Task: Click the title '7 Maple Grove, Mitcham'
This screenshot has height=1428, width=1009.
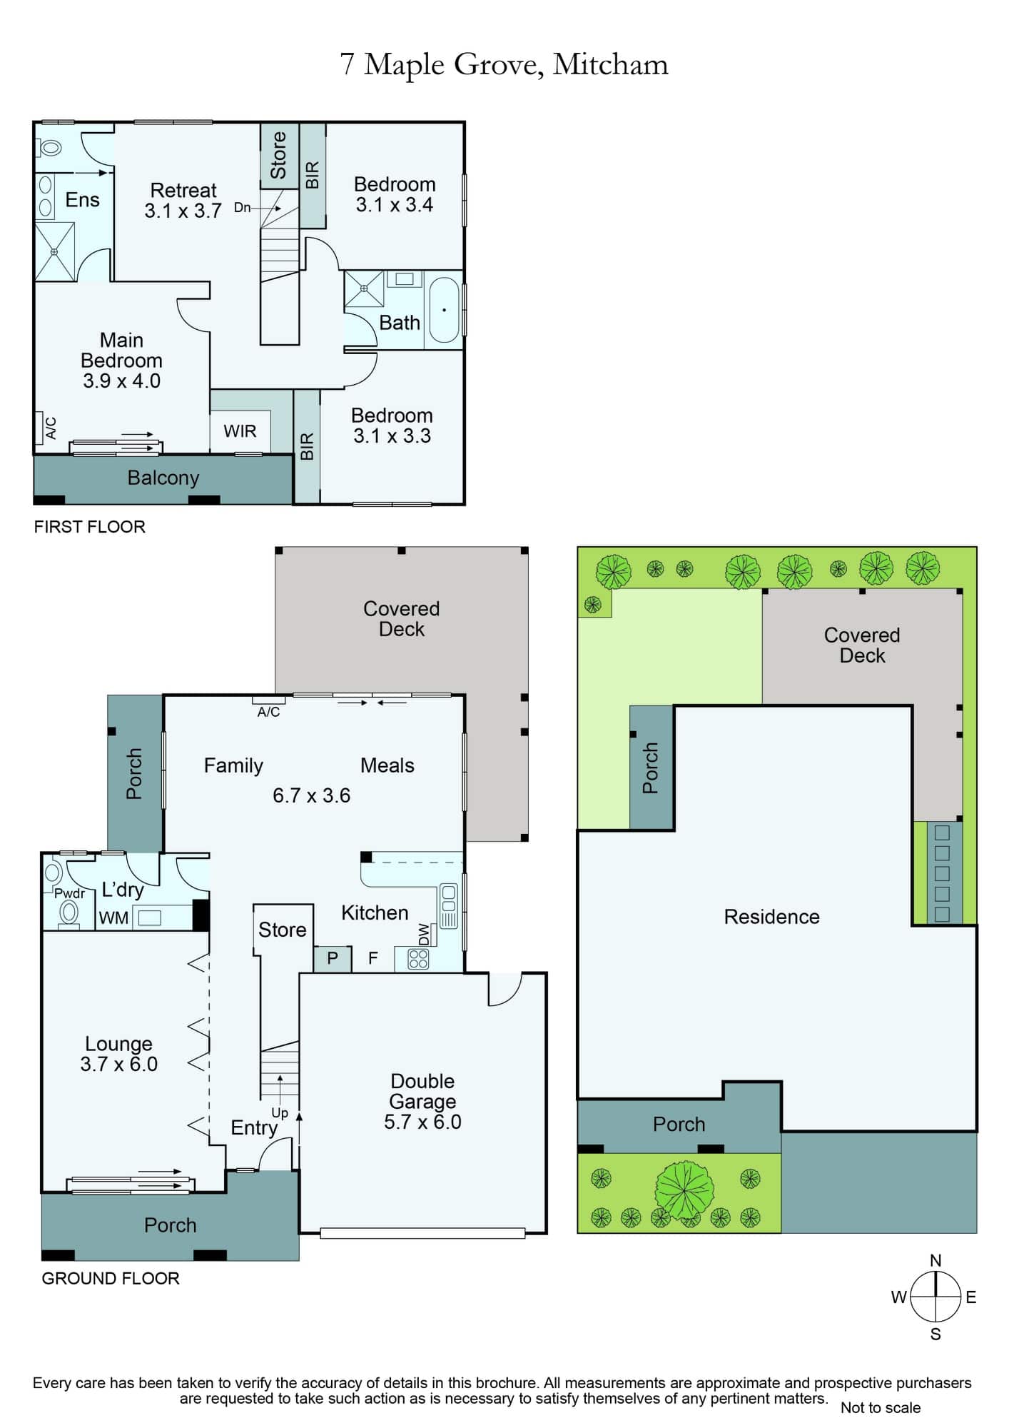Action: (505, 65)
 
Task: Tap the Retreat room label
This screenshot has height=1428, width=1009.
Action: (183, 191)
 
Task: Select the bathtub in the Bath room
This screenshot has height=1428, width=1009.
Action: (444, 310)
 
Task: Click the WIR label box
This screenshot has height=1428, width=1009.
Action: (240, 431)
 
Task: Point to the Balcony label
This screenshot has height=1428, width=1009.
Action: (163, 478)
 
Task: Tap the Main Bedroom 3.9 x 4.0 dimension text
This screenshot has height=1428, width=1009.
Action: (122, 381)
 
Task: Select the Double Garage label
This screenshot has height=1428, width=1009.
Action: (422, 1091)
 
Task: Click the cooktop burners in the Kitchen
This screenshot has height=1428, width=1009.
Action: (418, 959)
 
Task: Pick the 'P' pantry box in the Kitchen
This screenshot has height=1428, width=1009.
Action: (333, 959)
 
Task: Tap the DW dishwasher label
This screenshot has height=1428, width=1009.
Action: (424, 935)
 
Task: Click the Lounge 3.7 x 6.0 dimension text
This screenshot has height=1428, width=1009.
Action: (119, 1064)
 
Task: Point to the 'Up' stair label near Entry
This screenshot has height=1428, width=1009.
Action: (280, 1113)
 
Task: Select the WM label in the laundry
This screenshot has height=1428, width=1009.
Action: (113, 918)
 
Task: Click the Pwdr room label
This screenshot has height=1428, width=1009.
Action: (69, 893)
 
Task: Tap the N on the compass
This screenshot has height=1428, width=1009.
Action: (936, 1261)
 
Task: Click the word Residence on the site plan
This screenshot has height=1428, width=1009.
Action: (772, 917)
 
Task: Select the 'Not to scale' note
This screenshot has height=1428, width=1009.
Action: (881, 1407)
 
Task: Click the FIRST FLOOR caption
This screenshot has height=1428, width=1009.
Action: (90, 527)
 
